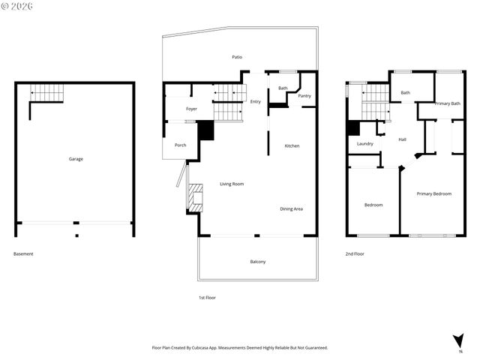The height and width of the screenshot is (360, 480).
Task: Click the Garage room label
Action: click(76, 159)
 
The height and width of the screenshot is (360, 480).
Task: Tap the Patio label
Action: click(236, 57)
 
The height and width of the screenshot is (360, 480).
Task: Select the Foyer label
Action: click(191, 109)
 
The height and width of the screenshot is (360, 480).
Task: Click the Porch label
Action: click(180, 145)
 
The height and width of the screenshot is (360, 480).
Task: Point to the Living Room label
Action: click(231, 184)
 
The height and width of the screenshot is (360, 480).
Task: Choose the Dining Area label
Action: click(291, 208)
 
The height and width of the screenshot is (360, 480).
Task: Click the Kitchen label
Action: click(292, 145)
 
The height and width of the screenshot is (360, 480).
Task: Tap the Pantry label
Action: click(304, 96)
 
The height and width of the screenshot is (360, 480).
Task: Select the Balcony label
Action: click(257, 261)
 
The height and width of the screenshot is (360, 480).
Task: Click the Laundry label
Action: click(365, 144)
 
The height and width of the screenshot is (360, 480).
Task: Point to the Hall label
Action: click(402, 139)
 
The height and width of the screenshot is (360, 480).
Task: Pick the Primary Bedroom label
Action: click(434, 193)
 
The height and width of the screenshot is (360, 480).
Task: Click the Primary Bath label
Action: click(447, 103)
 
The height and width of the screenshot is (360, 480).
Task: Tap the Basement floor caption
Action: click(23, 253)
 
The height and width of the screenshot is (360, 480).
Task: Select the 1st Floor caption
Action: click(207, 298)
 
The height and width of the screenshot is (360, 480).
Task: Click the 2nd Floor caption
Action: click(355, 253)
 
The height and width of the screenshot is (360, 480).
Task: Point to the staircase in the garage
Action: click(46, 94)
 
